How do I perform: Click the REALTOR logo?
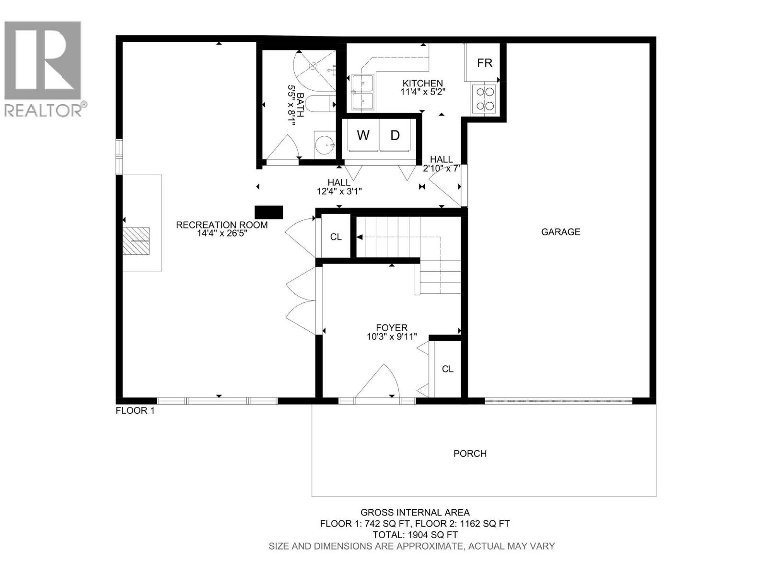coord(43,67)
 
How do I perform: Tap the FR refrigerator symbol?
coord(484,63)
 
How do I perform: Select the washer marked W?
coord(363,135)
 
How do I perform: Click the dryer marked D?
coord(395,135)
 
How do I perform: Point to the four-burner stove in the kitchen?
coord(484,98)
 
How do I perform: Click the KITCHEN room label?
coord(422,83)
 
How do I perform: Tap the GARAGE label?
coord(560,232)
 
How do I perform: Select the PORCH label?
coord(470,453)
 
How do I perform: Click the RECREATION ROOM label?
coord(221,225)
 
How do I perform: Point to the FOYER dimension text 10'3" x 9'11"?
coord(392,337)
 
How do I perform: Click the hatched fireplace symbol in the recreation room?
coord(136,240)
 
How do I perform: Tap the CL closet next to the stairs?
coord(336,237)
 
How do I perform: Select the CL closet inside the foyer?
coord(447,369)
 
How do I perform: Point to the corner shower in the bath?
coord(314,67)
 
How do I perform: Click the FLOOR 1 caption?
coord(135,411)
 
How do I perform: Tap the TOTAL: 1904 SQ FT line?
coord(415,535)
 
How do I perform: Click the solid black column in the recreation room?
coord(268,212)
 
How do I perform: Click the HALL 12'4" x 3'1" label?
coord(339,187)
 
